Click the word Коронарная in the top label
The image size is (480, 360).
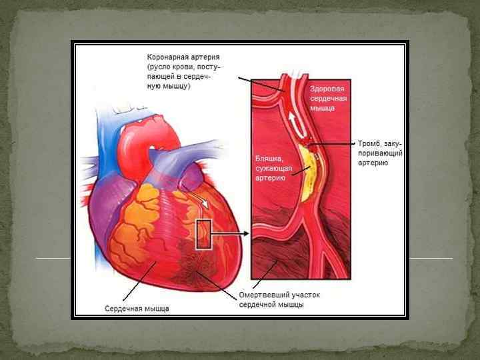click(x=168, y=58)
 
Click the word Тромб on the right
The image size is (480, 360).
click(x=369, y=144)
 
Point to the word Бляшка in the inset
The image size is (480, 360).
click(x=269, y=159)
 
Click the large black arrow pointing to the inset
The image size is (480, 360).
click(x=231, y=234)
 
